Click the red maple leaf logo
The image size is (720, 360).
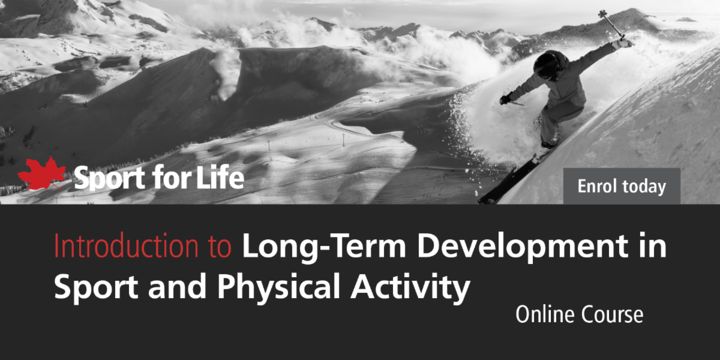pos(42,173)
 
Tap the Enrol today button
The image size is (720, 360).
pos(622,186)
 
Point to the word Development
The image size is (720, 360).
pos(523,247)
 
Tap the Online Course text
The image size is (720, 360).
pos(580,314)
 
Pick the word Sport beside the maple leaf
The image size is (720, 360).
pos(109,178)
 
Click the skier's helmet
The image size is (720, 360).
pos(548,65)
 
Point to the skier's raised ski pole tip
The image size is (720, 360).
pos(602,13)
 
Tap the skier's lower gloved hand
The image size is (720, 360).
pos(506,99)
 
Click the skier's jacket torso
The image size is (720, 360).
pos(567,88)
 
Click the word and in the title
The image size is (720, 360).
pos(177,286)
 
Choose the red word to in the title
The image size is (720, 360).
pos(219,247)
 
